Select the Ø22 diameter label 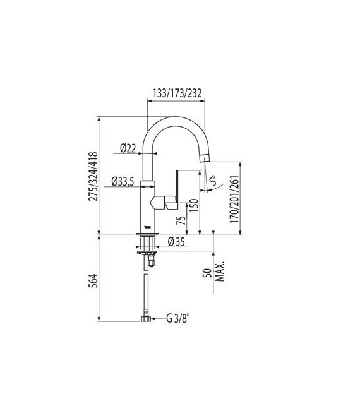coord(128,148)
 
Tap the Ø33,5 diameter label coord(123,182)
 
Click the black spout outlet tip coord(203,157)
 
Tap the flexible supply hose coord(147,290)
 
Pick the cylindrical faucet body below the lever coord(147,211)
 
